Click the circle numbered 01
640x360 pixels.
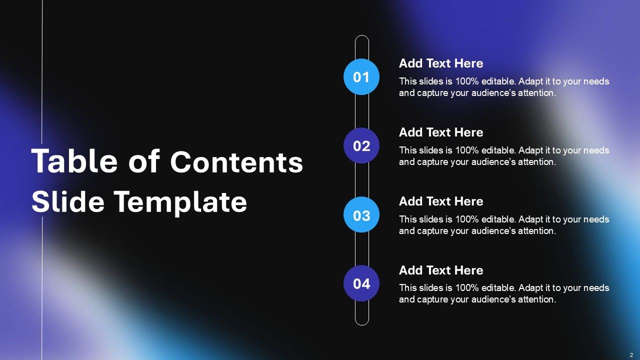[361, 77]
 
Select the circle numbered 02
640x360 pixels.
[361, 146]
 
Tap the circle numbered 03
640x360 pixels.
[361, 215]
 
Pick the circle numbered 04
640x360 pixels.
[361, 283]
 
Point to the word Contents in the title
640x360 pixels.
[236, 162]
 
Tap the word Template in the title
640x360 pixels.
[180, 202]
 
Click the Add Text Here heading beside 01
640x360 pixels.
[441, 63]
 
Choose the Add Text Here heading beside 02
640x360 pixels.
[441, 132]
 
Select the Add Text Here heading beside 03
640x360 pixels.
[441, 201]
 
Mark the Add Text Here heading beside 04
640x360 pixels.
[441, 270]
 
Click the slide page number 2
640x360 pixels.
[631, 354]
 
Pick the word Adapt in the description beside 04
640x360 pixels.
[530, 288]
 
